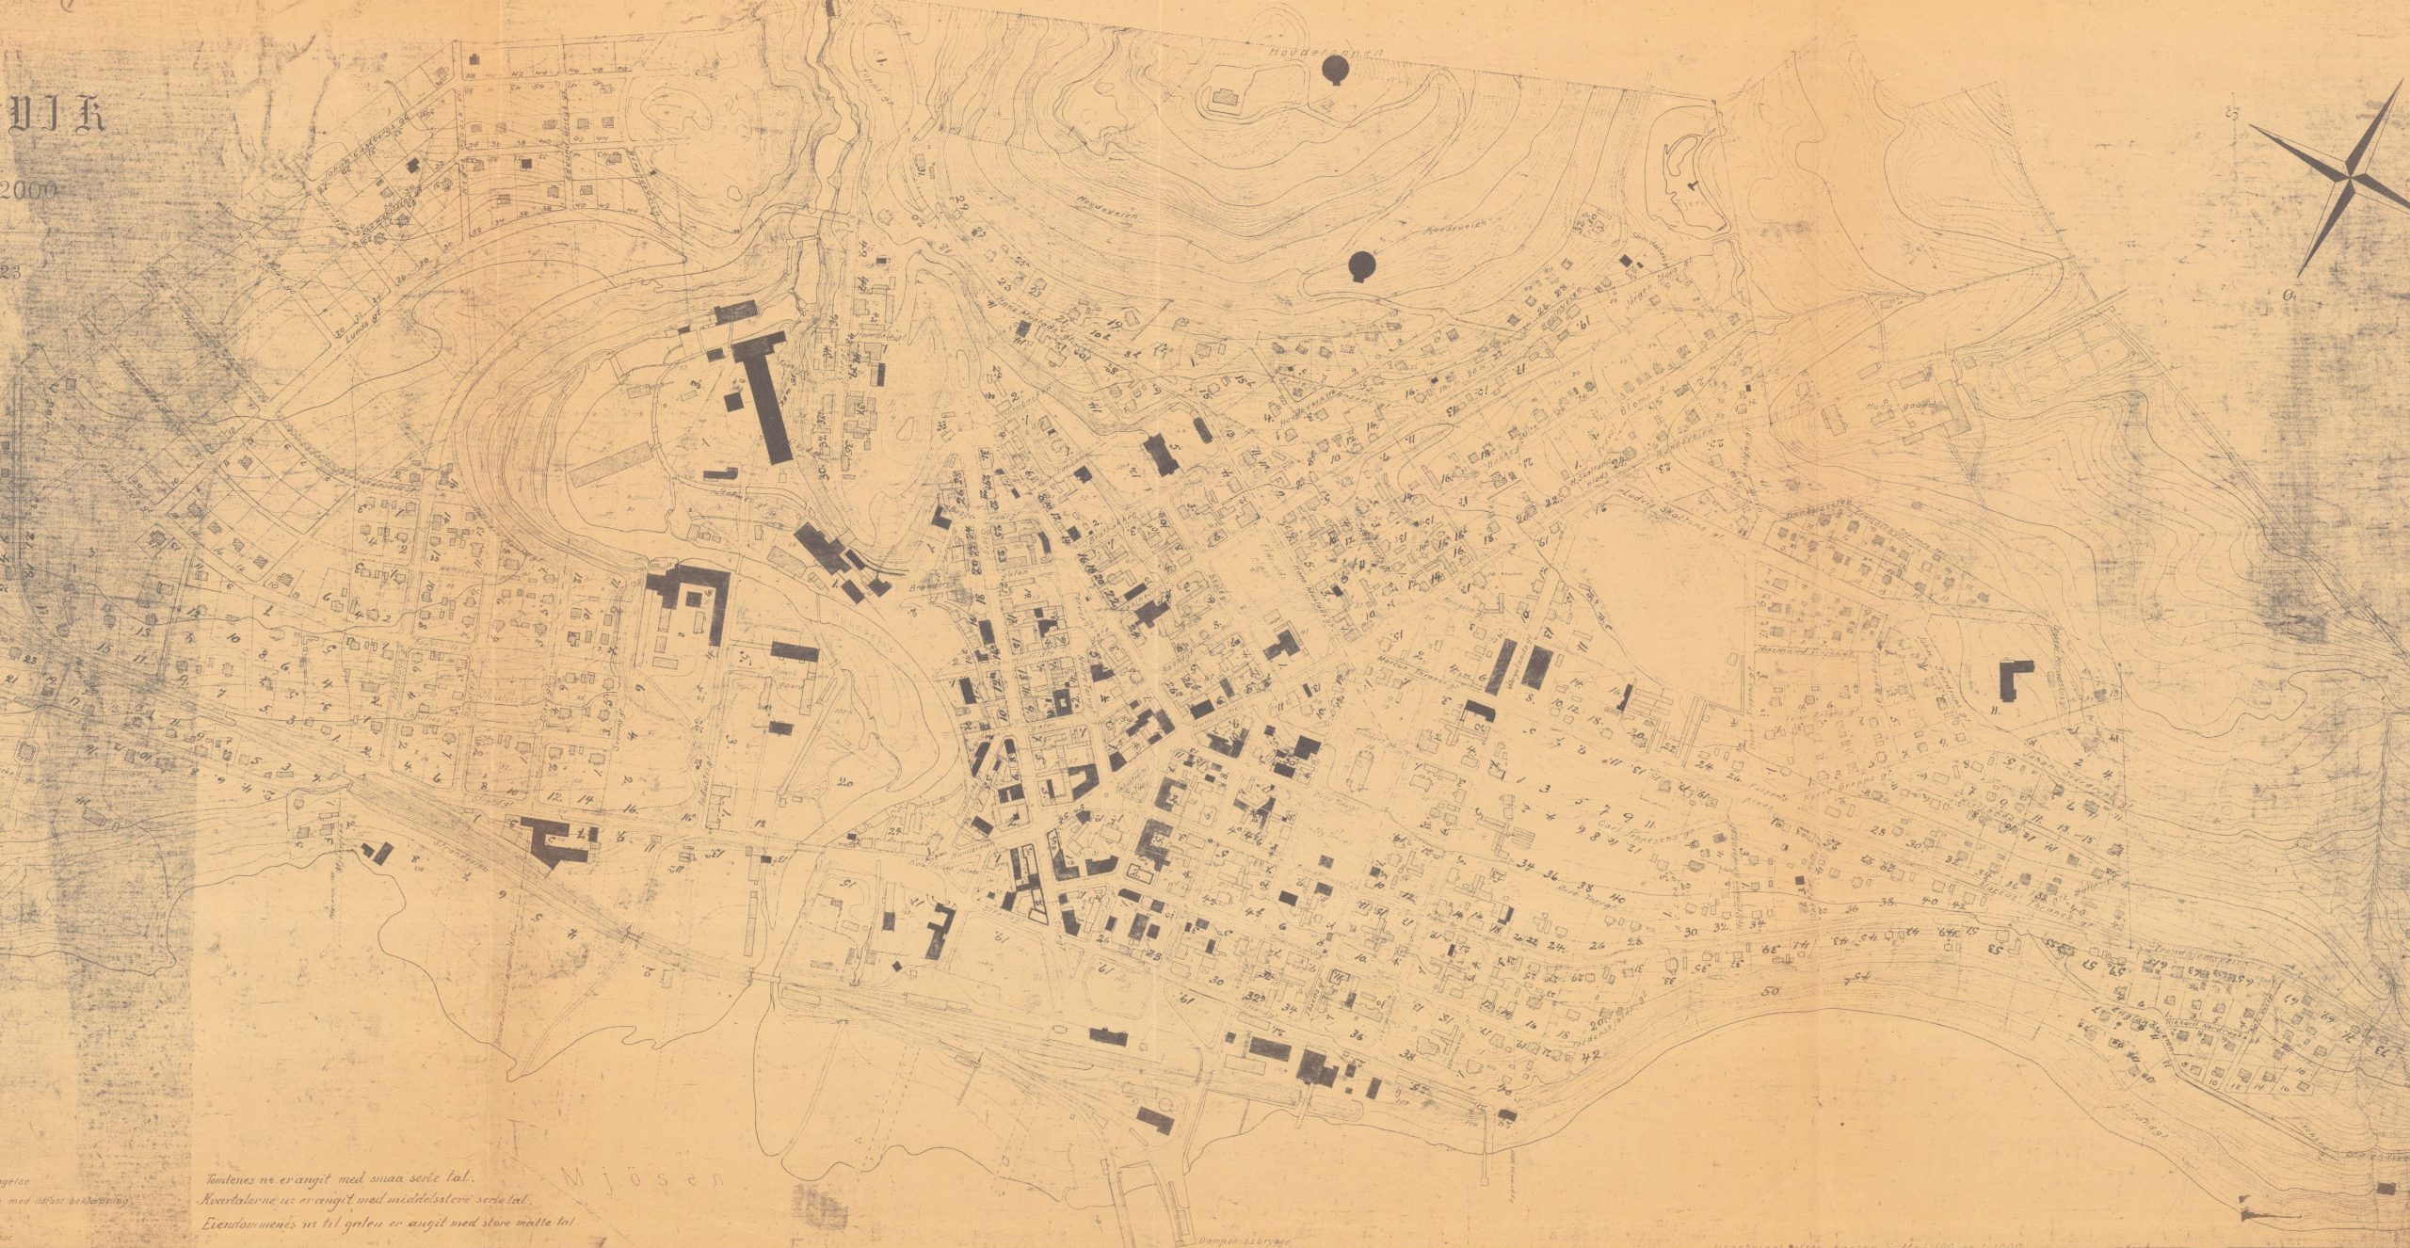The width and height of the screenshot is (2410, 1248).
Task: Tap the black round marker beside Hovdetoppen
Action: (1334, 70)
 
